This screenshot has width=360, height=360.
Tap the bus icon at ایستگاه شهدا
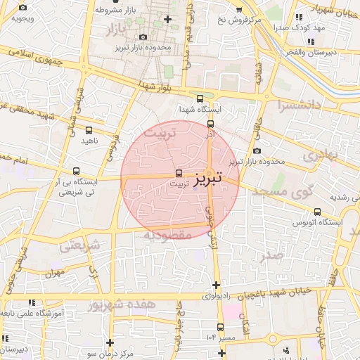pyautogui.click(x=200, y=99)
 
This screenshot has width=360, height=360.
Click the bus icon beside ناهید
pyautogui.click(x=89, y=130)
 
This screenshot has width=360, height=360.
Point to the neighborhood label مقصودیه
pyautogui.click(x=168, y=234)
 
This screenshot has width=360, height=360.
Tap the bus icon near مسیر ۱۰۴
pyautogui.click(x=220, y=327)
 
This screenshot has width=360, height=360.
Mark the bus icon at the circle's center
pyautogui.click(x=179, y=172)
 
